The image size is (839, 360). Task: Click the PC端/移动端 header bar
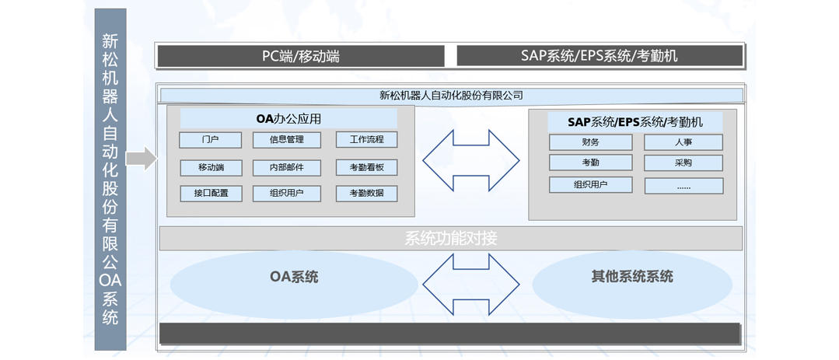tap(301, 56)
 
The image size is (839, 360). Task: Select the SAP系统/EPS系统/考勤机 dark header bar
tap(599, 56)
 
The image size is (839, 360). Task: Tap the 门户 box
tap(210, 141)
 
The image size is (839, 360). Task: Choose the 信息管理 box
tap(286, 141)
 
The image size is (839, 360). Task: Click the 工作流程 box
tap(366, 140)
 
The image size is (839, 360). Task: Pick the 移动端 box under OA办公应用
tap(211, 167)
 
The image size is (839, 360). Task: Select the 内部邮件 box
tap(286, 167)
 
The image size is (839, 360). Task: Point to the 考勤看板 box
tap(366, 167)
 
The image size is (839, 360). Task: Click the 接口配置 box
tap(211, 193)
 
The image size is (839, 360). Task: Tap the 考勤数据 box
tap(366, 193)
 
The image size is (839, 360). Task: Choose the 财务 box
tap(590, 142)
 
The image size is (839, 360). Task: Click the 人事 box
tap(683, 142)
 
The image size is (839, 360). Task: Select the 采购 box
tap(683, 163)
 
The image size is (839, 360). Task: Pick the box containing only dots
tap(683, 187)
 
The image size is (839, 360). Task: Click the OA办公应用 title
tap(288, 119)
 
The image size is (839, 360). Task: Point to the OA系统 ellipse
tap(294, 278)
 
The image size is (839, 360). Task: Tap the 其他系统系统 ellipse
tap(632, 277)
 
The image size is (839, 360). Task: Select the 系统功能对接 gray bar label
tap(451, 238)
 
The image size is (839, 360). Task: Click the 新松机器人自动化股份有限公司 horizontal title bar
tap(451, 96)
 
